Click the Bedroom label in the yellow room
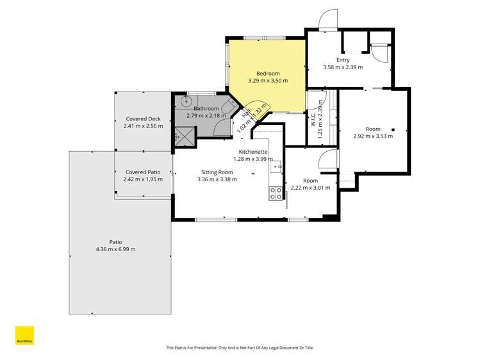click(x=268, y=74)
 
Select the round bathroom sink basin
click(x=186, y=101)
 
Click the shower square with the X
click(x=183, y=136)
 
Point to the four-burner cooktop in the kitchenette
click(x=276, y=193)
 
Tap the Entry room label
click(x=343, y=60)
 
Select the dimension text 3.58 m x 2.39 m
click(x=343, y=67)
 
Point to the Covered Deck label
click(x=143, y=119)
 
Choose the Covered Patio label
click(x=143, y=172)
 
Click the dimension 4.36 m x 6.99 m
click(x=115, y=249)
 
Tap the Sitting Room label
click(x=217, y=172)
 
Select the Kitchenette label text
click(x=253, y=152)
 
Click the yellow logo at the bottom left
click(x=24, y=336)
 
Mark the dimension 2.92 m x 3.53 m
click(x=373, y=136)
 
